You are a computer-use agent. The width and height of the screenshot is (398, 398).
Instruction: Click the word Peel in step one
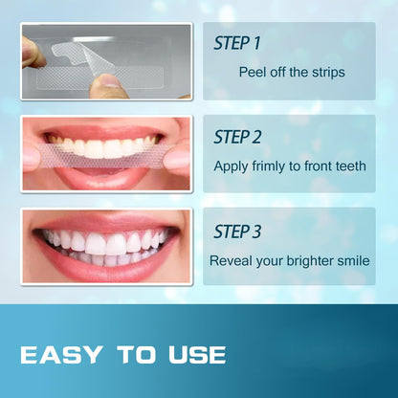[253, 72]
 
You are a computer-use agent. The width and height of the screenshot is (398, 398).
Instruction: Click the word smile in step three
[352, 259]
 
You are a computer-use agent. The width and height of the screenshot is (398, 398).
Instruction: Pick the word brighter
[307, 259]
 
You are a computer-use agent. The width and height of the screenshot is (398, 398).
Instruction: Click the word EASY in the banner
[59, 355]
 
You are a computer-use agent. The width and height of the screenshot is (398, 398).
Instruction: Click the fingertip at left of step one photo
[31, 53]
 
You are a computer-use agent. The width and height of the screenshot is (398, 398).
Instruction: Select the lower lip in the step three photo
[105, 269]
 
